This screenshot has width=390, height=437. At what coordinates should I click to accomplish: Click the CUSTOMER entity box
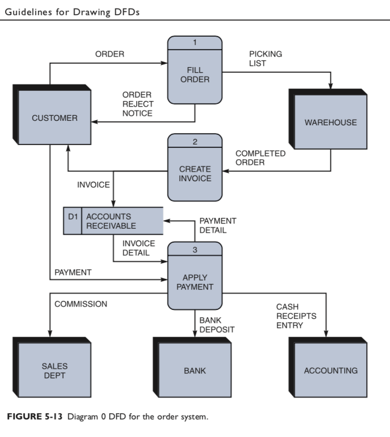click(x=55, y=118)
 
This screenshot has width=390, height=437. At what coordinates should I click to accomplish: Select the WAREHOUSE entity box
click(x=331, y=122)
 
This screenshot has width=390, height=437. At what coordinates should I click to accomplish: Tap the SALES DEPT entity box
click(x=54, y=370)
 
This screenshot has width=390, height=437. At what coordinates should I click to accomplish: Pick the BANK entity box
click(x=194, y=370)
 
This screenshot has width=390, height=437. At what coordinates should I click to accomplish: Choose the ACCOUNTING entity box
click(x=331, y=370)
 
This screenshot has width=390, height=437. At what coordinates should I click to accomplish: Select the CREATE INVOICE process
click(x=194, y=173)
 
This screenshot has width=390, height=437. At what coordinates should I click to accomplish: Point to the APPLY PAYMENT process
click(x=194, y=282)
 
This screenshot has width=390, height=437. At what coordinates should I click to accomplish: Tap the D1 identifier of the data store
click(x=72, y=216)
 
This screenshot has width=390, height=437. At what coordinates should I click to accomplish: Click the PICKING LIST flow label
click(x=265, y=59)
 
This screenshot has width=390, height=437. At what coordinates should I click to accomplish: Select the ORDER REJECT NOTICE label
click(x=137, y=104)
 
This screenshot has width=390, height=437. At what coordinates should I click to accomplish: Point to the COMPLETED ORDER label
click(x=260, y=158)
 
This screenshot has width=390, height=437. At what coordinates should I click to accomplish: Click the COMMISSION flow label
click(x=81, y=304)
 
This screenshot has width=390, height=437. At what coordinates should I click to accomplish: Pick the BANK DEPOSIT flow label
click(x=216, y=325)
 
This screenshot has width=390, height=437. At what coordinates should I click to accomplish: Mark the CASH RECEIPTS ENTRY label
click(x=296, y=316)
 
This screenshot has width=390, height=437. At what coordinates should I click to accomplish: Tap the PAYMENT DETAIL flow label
click(x=218, y=225)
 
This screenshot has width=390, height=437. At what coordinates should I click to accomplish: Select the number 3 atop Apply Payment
click(x=194, y=251)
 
